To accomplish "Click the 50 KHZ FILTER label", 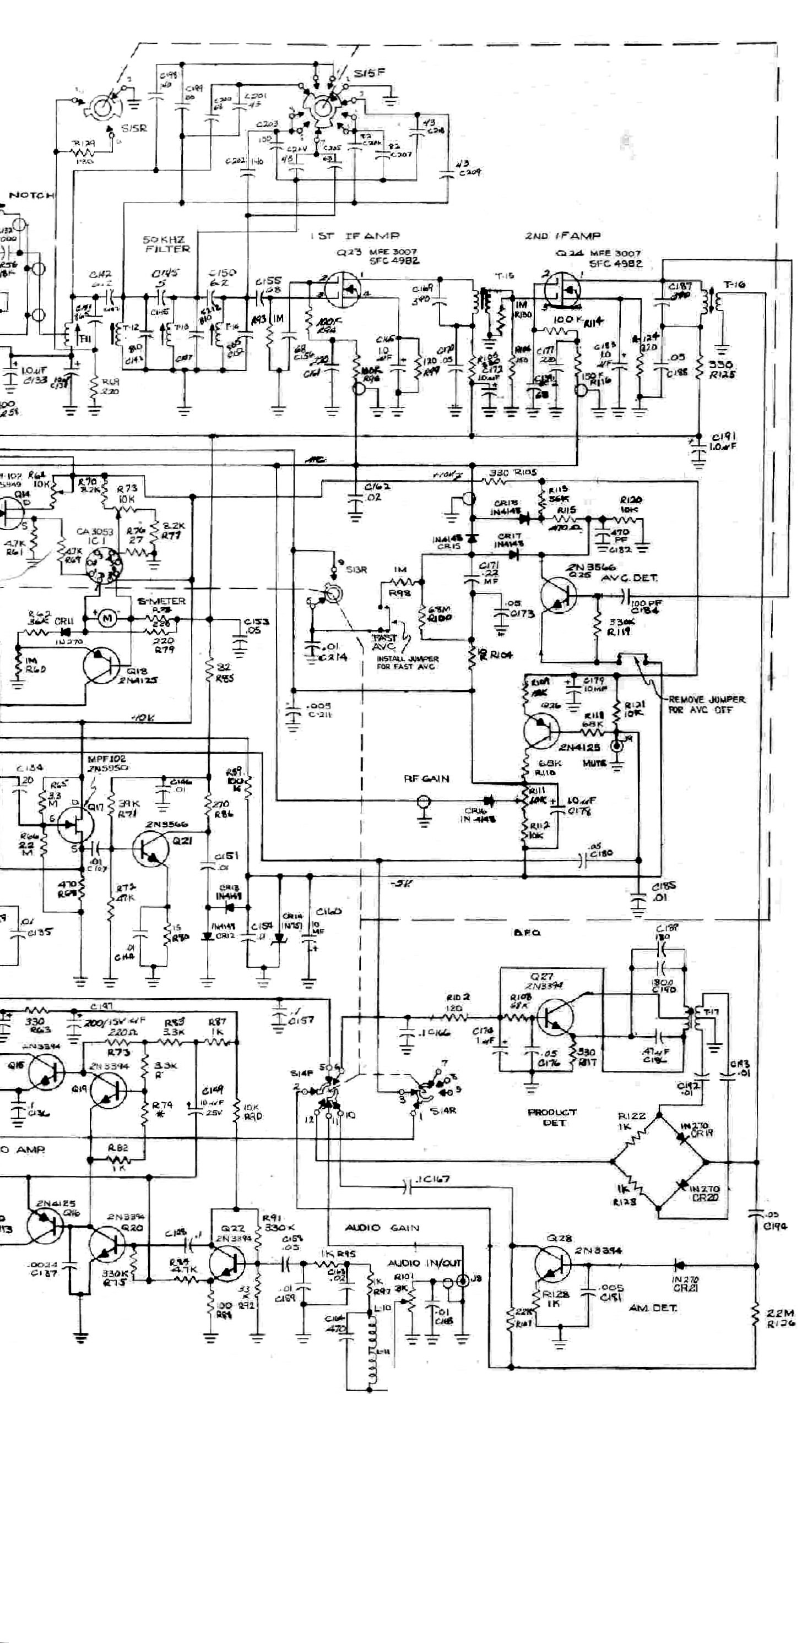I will click(x=167, y=244).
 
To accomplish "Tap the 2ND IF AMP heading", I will click(x=562, y=236).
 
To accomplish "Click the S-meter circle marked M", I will click(x=108, y=619).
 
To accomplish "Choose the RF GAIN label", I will click(x=426, y=778).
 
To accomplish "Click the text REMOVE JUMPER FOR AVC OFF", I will click(x=706, y=704).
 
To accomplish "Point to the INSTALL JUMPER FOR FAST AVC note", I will click(x=408, y=662).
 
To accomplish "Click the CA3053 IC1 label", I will click(x=93, y=536).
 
